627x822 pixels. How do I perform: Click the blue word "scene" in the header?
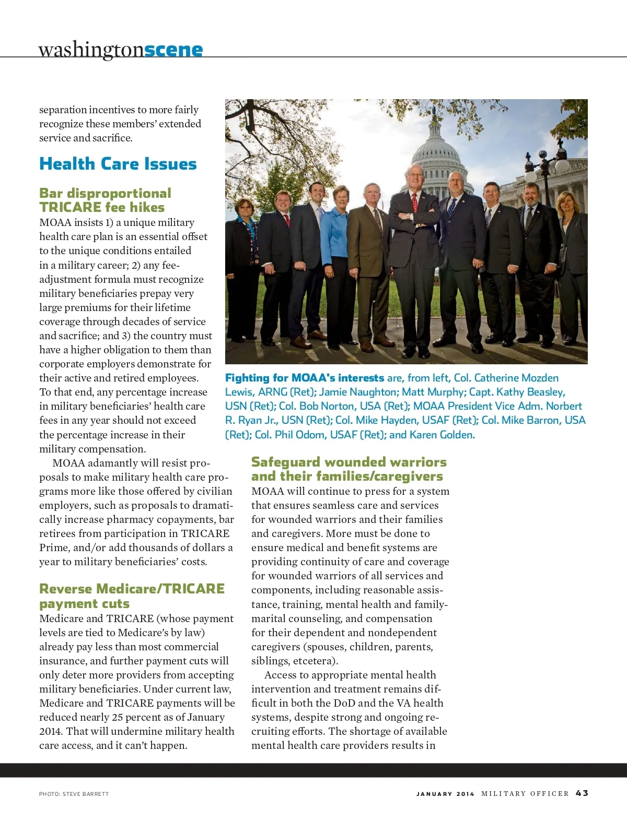tap(173, 50)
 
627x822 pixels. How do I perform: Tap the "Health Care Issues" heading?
tap(118, 164)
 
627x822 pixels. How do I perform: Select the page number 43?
tap(582, 793)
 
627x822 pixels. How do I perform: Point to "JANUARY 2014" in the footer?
tap(445, 794)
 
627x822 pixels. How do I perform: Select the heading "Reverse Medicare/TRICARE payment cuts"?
tap(132, 596)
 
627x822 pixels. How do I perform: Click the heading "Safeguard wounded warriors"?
tap(349, 462)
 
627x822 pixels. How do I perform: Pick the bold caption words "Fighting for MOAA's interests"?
tap(305, 378)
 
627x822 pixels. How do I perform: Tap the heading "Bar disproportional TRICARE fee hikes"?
tap(104, 200)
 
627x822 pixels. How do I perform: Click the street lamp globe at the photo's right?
tap(561, 166)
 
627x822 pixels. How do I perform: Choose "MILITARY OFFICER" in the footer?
tap(525, 793)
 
